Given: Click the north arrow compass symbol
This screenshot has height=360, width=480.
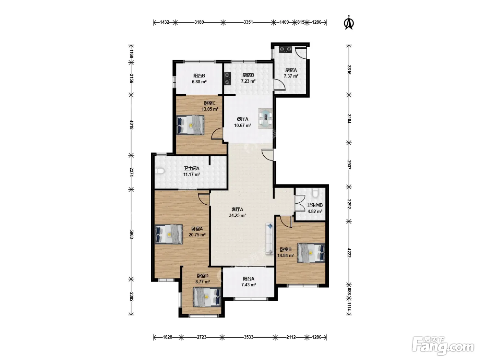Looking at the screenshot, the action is [x=349, y=23].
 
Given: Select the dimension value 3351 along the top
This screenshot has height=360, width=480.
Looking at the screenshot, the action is [x=248, y=22].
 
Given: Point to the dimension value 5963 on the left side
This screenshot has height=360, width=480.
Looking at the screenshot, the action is [x=131, y=234].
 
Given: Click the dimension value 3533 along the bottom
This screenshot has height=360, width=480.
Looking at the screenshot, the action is [x=249, y=337].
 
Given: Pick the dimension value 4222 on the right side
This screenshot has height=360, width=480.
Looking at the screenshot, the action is [x=349, y=253].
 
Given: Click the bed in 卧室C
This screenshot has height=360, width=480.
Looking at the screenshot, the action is [x=190, y=125].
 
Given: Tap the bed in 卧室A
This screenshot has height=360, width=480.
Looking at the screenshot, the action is [x=169, y=234].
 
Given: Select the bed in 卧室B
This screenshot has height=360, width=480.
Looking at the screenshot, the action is [x=311, y=253].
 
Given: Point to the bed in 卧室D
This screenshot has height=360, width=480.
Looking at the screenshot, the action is [x=207, y=297].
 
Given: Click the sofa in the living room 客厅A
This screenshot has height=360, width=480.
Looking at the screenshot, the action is [x=270, y=239].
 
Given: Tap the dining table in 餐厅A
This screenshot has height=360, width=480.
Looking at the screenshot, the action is [x=265, y=119].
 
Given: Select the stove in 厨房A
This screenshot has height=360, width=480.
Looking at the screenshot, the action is [x=286, y=49].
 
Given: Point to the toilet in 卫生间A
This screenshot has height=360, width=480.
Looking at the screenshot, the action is [x=159, y=171].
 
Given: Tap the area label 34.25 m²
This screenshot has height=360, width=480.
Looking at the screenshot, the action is [x=237, y=215].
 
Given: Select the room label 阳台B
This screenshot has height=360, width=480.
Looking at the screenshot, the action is [x=199, y=76].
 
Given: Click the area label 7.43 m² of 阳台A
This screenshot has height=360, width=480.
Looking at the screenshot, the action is [x=249, y=285].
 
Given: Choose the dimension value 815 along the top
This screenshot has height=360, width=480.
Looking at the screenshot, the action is [x=301, y=22].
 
